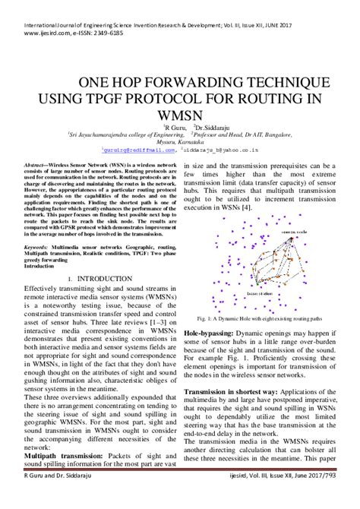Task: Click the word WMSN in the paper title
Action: (x=178, y=113)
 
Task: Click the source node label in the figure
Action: (x=293, y=229)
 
